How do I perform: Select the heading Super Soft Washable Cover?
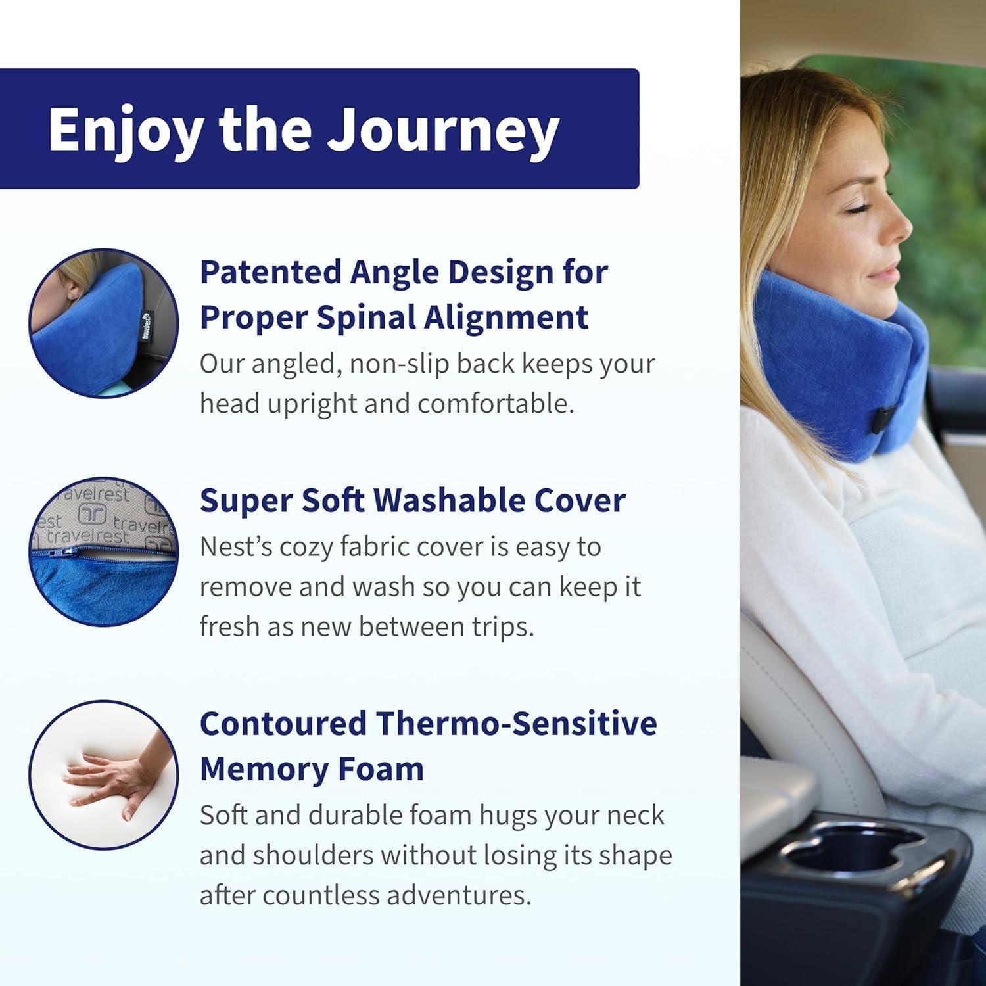(412, 501)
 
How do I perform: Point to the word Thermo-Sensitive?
(516, 724)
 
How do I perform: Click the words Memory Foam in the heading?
(312, 769)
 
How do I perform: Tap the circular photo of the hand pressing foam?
(103, 774)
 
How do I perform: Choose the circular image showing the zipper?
(103, 551)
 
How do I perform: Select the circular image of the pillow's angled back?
(103, 323)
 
